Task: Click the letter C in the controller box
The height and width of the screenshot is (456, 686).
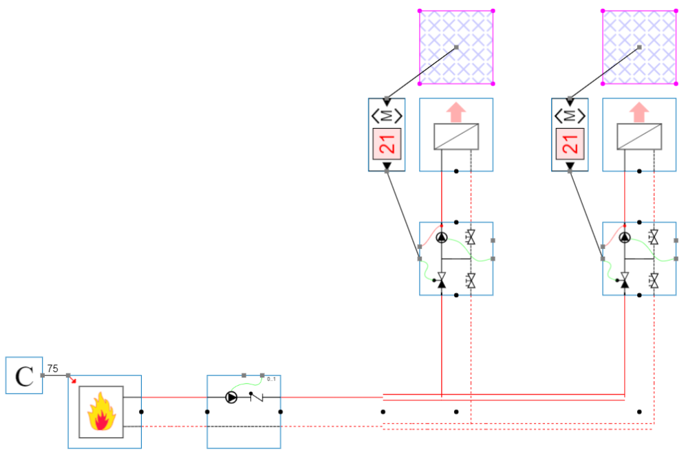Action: coord(24,376)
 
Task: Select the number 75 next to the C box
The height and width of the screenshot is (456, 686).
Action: coord(52,368)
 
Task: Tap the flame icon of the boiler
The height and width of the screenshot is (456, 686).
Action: coord(101,411)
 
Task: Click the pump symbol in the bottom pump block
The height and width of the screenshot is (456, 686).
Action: coord(231,398)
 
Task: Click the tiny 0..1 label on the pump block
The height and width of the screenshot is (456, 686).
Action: coord(271,379)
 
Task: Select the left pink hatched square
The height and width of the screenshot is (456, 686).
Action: coord(456,47)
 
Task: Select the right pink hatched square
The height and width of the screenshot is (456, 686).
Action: coord(639,47)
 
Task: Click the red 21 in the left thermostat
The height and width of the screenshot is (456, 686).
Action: coord(386,144)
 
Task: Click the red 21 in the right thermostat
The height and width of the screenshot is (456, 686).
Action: coord(569,144)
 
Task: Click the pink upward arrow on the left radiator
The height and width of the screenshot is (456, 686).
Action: coord(456,111)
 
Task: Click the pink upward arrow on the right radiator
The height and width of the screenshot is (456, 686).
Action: coord(639,111)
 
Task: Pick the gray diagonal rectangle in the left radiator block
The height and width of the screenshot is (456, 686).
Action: coord(456,137)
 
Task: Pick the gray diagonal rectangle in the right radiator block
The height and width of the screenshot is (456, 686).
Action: coord(639,137)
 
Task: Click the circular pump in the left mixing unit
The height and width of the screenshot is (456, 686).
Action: coord(441,238)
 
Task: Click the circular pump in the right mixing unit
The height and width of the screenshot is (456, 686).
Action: coord(624,238)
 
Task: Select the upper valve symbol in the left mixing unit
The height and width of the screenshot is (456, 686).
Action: coord(471,237)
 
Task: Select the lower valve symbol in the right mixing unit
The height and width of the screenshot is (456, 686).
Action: coord(654,280)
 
